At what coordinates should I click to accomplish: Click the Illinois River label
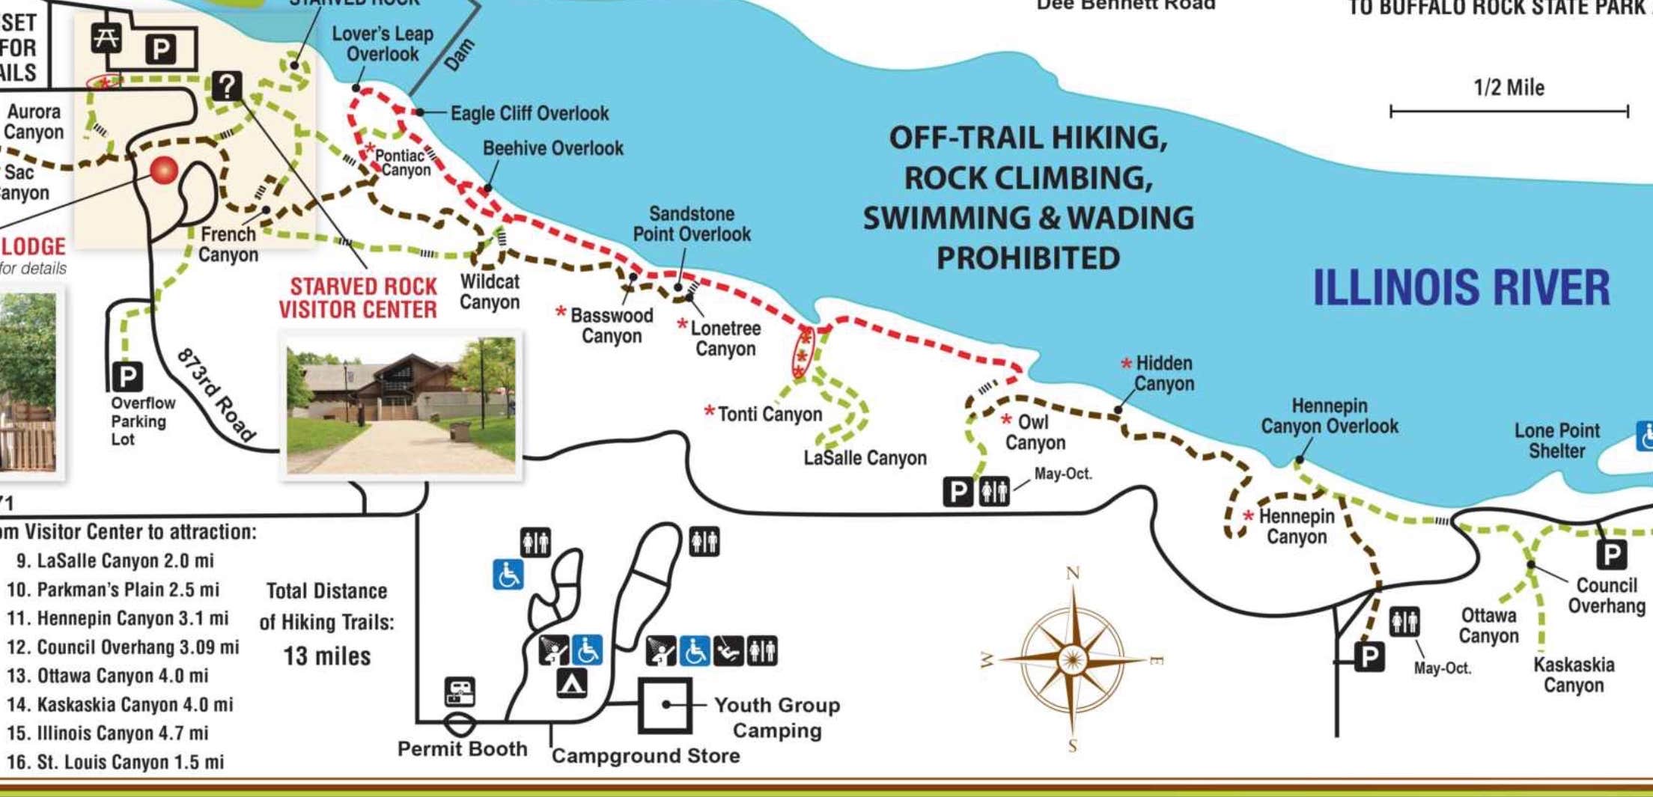[x=1461, y=288]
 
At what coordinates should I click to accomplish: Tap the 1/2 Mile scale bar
[x=1509, y=112]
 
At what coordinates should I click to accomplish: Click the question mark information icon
[x=227, y=86]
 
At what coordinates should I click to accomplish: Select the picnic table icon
[x=106, y=37]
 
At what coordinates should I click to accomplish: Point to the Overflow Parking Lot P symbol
[x=127, y=376]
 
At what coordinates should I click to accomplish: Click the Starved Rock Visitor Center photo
[x=401, y=406]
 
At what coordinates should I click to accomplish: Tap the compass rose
[x=1072, y=660]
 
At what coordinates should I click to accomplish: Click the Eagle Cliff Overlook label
[x=529, y=114]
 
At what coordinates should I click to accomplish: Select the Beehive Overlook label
[x=552, y=148]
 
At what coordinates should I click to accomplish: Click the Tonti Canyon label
[x=770, y=414]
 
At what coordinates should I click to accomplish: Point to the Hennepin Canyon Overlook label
[x=1330, y=416]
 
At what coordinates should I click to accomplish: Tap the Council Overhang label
[x=1606, y=596]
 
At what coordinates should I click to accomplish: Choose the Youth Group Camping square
[x=664, y=705]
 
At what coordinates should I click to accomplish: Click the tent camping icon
[x=572, y=683]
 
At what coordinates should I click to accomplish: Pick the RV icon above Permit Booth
[x=460, y=691]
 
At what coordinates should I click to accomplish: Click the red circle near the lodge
[x=164, y=170]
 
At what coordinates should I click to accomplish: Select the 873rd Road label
[x=216, y=394]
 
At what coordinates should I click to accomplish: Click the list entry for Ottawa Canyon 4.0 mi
[x=108, y=676]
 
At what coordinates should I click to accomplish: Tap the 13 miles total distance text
[x=326, y=656]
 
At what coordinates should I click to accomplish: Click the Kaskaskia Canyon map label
[x=1574, y=675]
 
